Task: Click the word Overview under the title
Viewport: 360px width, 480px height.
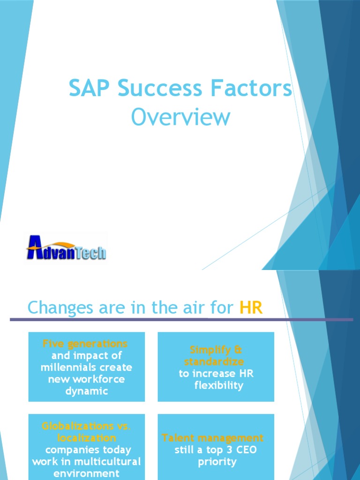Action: (x=180, y=117)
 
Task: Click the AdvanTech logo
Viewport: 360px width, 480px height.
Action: (x=66, y=248)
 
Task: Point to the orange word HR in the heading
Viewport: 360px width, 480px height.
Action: (x=251, y=308)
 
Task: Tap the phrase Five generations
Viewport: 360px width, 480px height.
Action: (x=85, y=344)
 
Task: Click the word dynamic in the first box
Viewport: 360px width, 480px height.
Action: (x=87, y=391)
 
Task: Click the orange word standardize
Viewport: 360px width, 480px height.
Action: (x=214, y=362)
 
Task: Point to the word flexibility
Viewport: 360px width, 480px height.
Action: (x=219, y=385)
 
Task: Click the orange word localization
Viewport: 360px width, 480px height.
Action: (x=87, y=438)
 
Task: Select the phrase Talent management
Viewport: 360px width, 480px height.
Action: (x=213, y=438)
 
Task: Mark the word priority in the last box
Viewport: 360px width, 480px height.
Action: (x=217, y=462)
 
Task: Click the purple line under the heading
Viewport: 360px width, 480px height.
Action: (x=181, y=320)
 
